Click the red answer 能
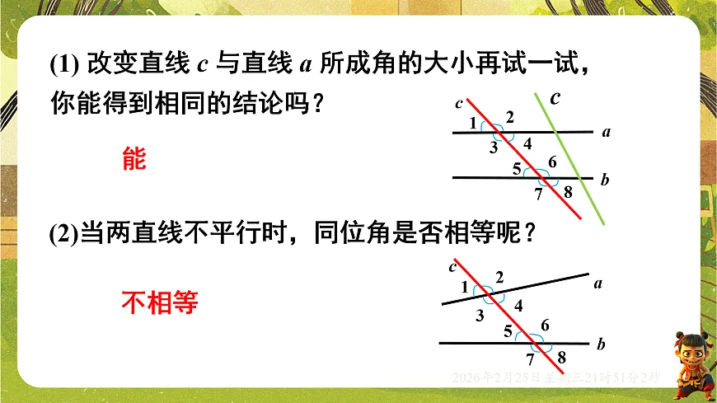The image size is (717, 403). coord(134,159)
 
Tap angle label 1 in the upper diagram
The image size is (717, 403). coord(473,124)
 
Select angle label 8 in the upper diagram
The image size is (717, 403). coord(567,192)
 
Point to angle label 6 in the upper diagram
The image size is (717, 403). coord(552,161)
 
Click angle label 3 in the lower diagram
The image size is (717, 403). coord(480,315)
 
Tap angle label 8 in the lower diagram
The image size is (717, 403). coord(561,357)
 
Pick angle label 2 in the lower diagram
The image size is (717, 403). coord(499,276)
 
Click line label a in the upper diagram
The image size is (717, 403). coord(606,131)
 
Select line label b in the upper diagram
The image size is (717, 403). coord(605,180)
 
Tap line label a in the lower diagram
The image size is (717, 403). coord(598,284)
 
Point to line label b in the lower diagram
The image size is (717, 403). coord(601,344)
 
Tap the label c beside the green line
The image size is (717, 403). coord(555,98)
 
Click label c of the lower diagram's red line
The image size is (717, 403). coord(452,265)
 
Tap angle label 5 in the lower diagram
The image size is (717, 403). coord(508,331)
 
